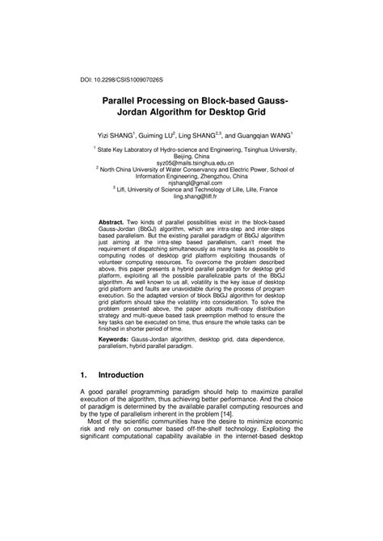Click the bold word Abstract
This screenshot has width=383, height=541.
tap(111, 220)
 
